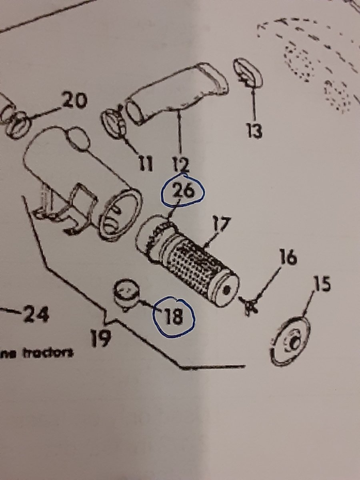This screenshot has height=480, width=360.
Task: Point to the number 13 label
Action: pyautogui.click(x=254, y=130)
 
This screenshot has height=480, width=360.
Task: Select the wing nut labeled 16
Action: pyautogui.click(x=250, y=306)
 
